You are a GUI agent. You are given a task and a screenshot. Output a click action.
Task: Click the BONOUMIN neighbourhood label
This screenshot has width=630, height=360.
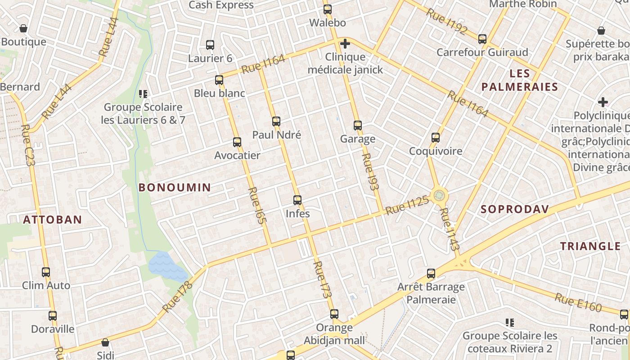175,188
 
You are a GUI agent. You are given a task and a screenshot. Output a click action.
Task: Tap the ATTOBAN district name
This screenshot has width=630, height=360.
52,220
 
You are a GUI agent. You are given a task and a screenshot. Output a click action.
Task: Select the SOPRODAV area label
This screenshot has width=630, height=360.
515,209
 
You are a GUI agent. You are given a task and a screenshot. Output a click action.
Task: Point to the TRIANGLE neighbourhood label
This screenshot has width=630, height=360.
590,246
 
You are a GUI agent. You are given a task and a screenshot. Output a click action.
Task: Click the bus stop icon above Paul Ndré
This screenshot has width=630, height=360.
276,121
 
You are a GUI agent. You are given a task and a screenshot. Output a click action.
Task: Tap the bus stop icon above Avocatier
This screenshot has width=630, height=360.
237,142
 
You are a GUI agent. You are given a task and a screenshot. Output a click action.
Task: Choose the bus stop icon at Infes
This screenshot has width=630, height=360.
297,200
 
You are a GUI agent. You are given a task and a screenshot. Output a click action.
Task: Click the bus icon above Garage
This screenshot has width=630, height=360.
358,126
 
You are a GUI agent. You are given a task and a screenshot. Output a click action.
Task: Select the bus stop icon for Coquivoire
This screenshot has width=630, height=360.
436,138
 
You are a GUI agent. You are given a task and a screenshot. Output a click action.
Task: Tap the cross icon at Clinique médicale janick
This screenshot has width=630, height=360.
345,44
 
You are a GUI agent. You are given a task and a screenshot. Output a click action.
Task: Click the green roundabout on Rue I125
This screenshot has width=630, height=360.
439,196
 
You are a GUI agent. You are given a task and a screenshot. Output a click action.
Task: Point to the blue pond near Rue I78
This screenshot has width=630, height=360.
167,266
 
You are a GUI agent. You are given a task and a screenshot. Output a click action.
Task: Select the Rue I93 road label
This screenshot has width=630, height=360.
370,171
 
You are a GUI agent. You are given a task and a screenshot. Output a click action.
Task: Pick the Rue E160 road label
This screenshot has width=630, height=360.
578,302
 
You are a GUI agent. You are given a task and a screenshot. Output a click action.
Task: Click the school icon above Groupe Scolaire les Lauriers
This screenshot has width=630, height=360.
143,94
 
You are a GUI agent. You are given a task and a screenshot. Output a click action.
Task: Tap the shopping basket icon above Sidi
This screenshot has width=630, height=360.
105,342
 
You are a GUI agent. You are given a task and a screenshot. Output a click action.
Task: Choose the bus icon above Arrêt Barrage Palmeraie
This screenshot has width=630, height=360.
431,273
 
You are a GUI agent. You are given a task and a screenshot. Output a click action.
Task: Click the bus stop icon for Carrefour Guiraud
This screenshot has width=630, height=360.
482,39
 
